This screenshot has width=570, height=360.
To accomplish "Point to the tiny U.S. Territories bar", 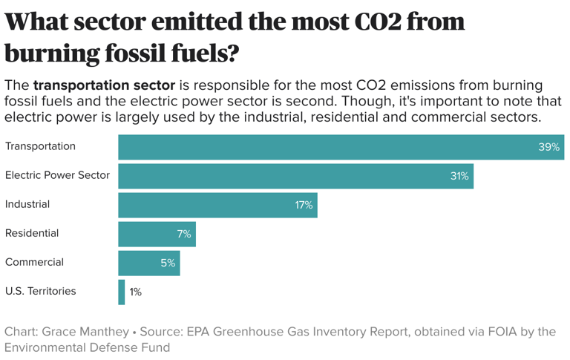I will coord(122,292).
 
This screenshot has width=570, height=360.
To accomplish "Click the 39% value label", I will coord(548,147).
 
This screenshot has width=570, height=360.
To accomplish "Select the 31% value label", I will coord(459,176).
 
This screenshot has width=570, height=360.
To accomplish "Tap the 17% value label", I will coord(304,205).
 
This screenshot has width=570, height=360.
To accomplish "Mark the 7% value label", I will coord(183,234).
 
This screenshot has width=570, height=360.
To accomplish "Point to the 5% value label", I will coord(168,263).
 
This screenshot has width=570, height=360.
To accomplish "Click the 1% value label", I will coord(135,292).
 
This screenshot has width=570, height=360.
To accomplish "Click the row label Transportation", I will coord(40,146).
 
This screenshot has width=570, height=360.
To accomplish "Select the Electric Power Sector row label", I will coord(57,175).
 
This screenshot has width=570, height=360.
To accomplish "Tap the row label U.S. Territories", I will coord(40,291).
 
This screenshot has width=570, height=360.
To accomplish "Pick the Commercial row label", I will coord(34,262).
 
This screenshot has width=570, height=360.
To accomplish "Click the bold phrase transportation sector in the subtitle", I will coord(104,85).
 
